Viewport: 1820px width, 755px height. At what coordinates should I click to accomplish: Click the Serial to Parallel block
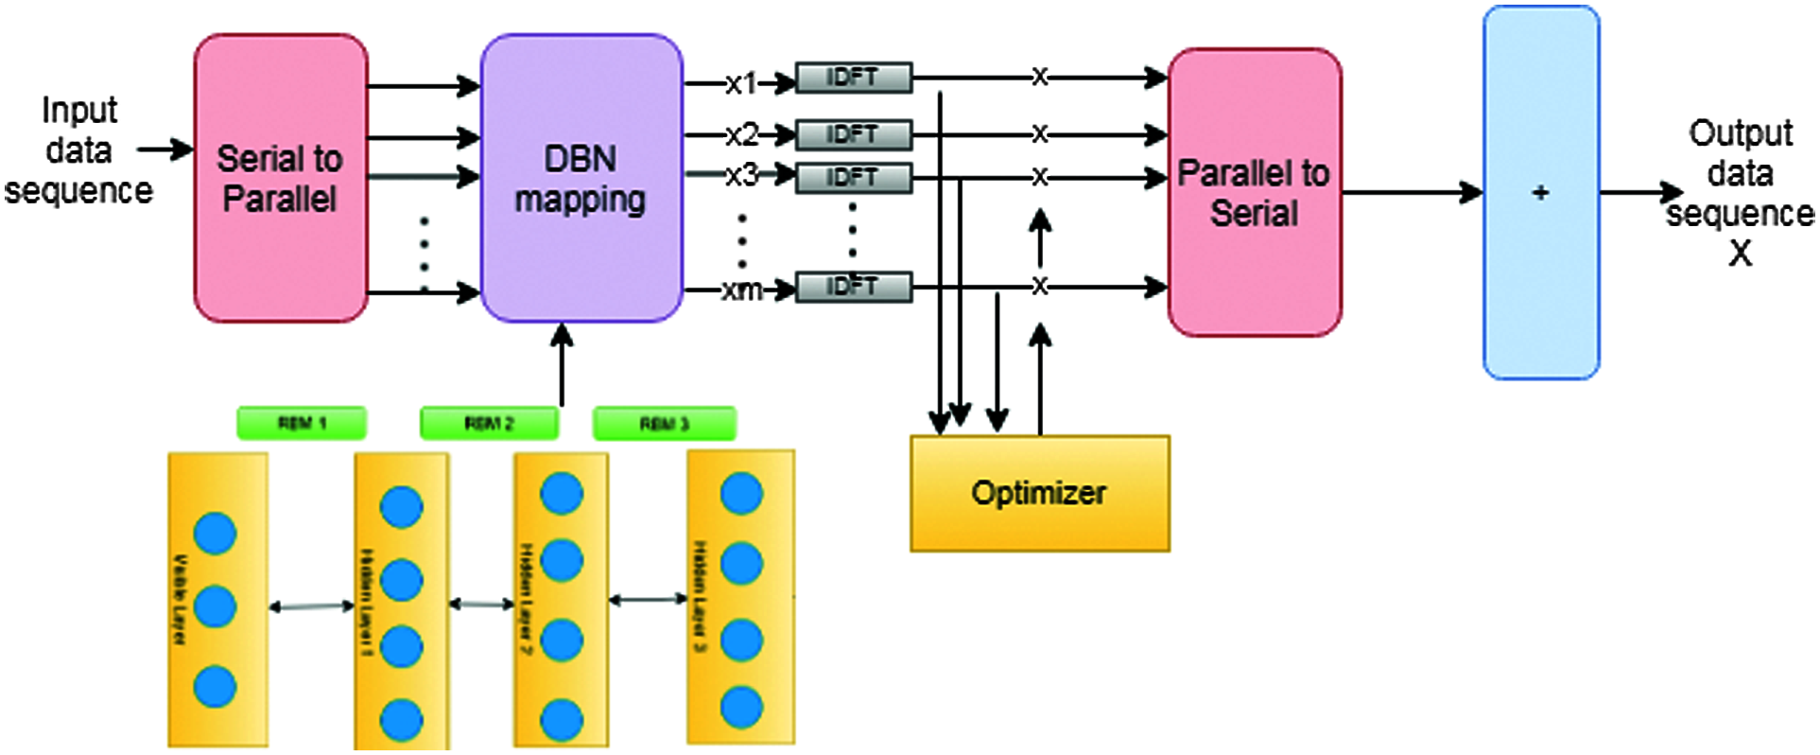[281, 178]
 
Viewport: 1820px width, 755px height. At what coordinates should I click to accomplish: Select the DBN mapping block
[581, 178]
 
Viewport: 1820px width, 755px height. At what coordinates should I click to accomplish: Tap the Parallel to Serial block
[1254, 192]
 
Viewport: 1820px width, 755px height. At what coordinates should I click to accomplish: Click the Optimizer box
[1039, 493]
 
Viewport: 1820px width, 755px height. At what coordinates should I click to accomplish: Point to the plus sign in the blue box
[1540, 193]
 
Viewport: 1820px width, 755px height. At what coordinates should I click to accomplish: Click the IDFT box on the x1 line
[853, 78]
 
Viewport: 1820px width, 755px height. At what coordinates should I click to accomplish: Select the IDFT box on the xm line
[853, 287]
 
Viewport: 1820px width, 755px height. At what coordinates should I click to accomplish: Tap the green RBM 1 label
[302, 423]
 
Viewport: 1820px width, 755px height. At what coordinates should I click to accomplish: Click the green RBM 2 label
[489, 423]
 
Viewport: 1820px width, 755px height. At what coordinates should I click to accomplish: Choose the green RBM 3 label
[664, 424]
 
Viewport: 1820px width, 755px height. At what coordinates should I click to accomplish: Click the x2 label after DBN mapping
[742, 134]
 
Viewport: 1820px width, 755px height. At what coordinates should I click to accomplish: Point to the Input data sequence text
[78, 150]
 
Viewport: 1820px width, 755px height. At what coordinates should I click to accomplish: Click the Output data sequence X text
[1740, 193]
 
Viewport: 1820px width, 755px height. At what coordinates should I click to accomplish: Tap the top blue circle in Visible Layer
[215, 534]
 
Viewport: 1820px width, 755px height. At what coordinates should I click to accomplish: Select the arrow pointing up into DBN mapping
[563, 364]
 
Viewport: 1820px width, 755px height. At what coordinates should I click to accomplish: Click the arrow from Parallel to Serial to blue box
[1412, 193]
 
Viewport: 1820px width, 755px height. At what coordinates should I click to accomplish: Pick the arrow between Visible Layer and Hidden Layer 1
[311, 606]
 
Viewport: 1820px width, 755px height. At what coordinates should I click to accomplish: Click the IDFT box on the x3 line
[853, 178]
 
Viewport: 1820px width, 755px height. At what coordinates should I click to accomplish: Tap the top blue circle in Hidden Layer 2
[562, 494]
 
